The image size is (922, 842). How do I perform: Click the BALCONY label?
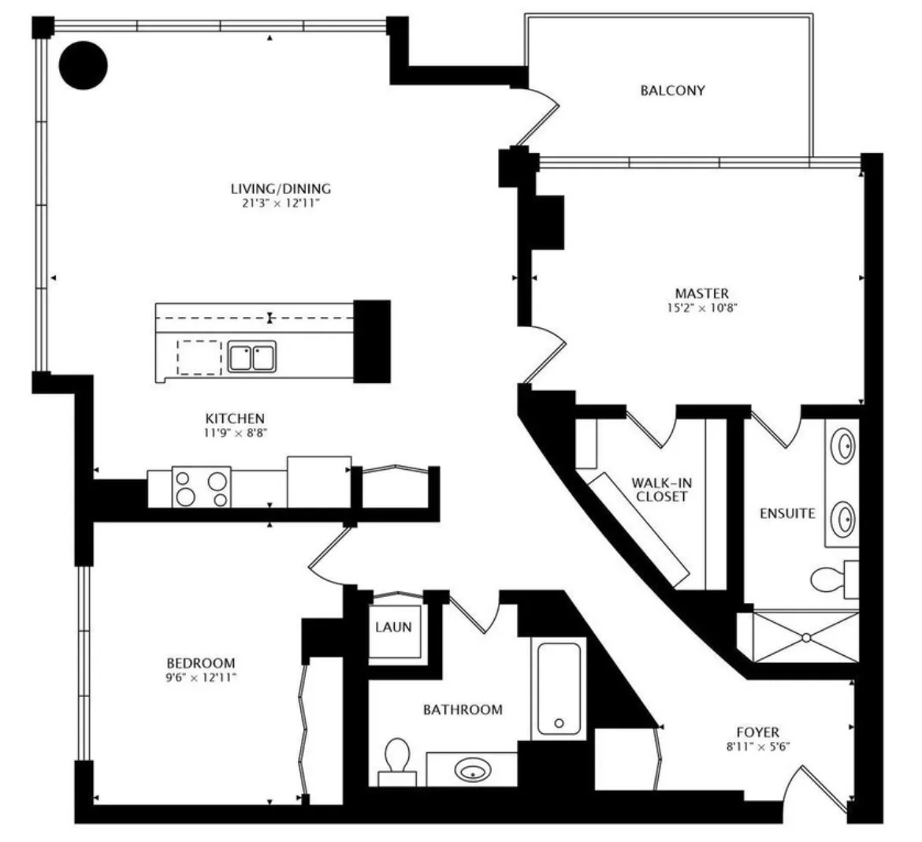[x=671, y=90]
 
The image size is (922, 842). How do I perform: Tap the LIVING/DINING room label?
[x=281, y=188]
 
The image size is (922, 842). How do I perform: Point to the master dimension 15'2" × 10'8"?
[x=701, y=308]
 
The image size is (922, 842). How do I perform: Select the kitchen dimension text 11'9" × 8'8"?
[x=235, y=432]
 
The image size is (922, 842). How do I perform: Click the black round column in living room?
[x=84, y=65]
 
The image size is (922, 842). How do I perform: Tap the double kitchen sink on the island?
[x=252, y=356]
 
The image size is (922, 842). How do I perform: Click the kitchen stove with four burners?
[x=201, y=487]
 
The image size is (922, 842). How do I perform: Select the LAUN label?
[x=393, y=628]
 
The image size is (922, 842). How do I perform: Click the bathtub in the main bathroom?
[x=559, y=687]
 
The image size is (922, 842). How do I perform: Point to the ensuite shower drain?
[x=806, y=637]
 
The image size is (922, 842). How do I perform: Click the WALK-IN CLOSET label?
[x=659, y=490]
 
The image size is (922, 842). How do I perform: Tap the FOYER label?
[x=757, y=732]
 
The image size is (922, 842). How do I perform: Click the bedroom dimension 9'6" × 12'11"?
[x=201, y=676]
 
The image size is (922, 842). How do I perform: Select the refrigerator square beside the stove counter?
[x=318, y=482]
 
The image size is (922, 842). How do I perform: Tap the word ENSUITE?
[x=786, y=513]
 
